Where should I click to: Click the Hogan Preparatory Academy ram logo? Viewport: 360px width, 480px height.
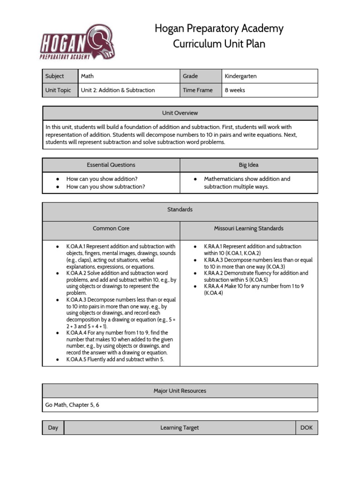pos(77,42)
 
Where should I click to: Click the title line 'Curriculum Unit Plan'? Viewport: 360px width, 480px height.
pos(219,44)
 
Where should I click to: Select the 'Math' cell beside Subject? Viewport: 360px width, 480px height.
pos(87,76)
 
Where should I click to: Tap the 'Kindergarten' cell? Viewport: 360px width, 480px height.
pos(240,76)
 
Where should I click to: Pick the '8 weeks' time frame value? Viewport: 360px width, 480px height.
pos(235,90)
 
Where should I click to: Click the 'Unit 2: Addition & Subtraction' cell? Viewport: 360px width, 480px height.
pos(118,90)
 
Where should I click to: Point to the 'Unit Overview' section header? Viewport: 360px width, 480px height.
pos(180,113)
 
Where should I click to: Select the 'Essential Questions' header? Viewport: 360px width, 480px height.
pos(111,165)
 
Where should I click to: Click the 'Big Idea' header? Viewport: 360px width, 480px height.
pos(248,165)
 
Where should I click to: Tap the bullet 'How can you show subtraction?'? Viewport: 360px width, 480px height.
pos(105,187)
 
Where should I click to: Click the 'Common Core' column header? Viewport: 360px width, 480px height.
pos(111,228)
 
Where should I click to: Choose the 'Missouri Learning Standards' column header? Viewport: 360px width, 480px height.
pos(248,228)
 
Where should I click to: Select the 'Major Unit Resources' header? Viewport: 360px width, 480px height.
pos(180,390)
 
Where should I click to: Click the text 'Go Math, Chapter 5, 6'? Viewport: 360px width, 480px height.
pos(72,405)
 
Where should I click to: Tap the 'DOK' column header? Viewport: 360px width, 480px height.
pos(306,427)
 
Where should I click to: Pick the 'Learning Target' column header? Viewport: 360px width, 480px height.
pos(180,427)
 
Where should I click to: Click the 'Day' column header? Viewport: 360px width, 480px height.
pos(53,427)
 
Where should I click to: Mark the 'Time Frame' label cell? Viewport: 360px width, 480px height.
pos(197,90)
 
